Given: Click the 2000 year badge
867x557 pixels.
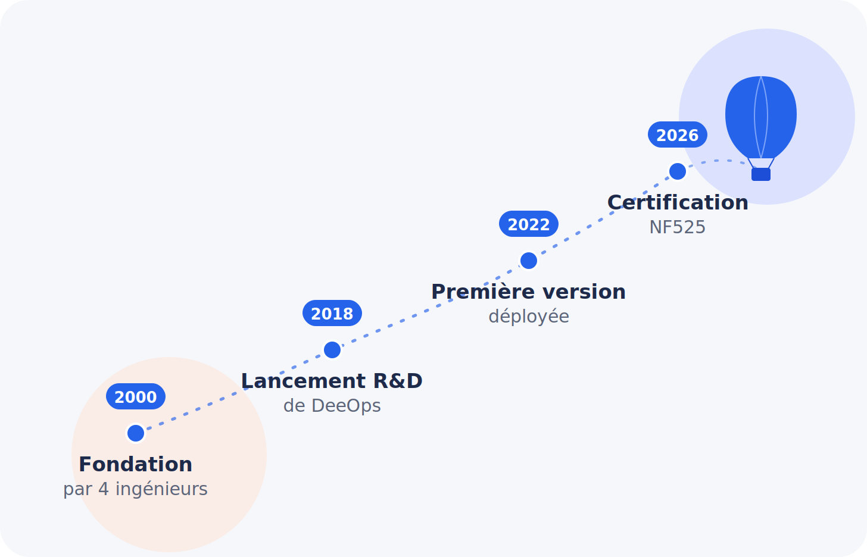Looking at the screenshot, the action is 136,396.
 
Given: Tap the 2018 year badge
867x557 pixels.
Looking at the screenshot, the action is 332,313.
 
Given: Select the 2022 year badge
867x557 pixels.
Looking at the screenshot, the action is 529,224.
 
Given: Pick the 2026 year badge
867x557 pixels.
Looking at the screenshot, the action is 678,134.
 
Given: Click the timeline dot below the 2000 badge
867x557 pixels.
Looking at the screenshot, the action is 136,433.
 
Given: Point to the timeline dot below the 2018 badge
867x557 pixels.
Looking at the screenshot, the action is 332,350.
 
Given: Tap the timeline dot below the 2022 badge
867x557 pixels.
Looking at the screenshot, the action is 529,261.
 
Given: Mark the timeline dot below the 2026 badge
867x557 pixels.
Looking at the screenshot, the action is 678,171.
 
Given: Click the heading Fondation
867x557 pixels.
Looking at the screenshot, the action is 136,465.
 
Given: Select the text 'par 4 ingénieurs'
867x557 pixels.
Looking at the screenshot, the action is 136,489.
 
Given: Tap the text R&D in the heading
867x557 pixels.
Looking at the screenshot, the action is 398,381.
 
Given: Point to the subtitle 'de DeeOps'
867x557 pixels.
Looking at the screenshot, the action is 332,406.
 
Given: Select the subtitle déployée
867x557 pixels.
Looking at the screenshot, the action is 529,317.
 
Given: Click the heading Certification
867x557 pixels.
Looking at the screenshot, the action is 678,203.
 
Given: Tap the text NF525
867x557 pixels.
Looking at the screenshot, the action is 678,227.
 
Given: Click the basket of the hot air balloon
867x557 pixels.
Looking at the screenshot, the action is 761,174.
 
